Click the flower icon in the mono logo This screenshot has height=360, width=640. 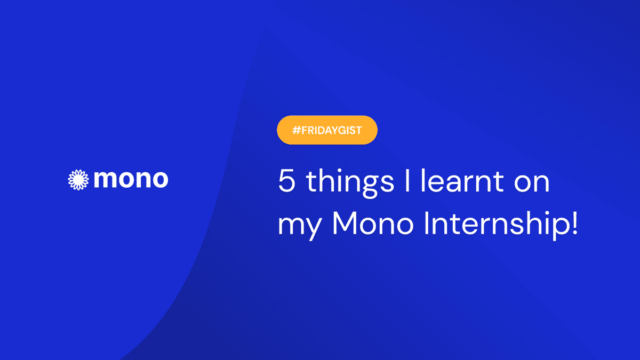(x=78, y=180)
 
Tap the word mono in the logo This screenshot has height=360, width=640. (x=131, y=179)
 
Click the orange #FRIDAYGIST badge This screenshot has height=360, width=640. (x=327, y=130)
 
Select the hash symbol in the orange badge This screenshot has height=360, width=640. (x=297, y=130)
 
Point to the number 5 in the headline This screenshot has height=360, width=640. (x=286, y=181)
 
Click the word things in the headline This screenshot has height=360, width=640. (x=350, y=183)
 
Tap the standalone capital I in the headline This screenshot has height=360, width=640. (x=407, y=181)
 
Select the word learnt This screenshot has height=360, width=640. (x=462, y=180)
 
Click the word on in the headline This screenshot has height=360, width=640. (x=532, y=183)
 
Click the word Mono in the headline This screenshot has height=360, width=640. (x=373, y=223)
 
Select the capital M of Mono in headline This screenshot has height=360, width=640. (x=345, y=223)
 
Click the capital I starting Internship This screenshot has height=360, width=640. (x=427, y=223)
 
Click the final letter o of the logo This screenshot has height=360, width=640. (x=159, y=180)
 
